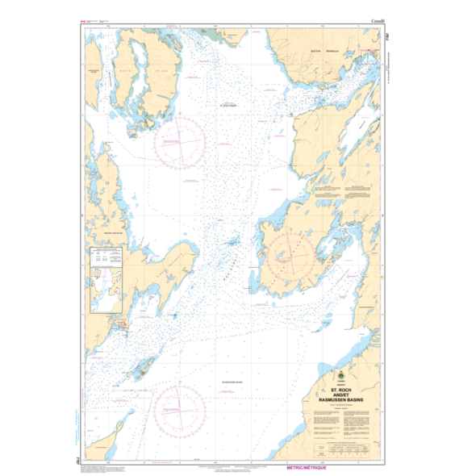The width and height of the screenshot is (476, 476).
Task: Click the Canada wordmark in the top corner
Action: (376, 19)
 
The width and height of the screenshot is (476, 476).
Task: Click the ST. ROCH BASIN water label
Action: (229, 103)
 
